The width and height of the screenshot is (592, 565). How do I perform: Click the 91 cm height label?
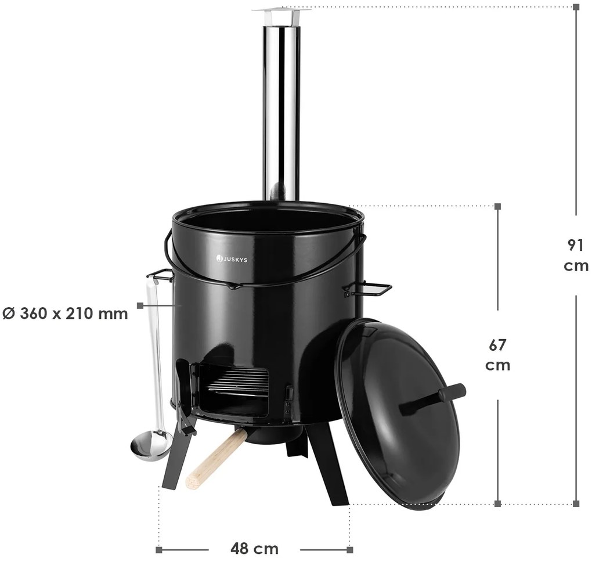pos(576,255)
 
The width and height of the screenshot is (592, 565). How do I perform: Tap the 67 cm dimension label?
pos(497,355)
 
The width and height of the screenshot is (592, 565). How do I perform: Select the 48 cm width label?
pos(254,548)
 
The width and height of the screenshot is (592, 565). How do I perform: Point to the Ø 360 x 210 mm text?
pos(65,314)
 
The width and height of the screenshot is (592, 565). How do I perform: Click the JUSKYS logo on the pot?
pos(232,259)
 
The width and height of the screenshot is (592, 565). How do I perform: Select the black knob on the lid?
pos(432,400)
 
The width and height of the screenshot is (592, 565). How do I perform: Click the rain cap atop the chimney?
pos(281,15)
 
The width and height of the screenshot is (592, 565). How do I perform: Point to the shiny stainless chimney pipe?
pos(281,113)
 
